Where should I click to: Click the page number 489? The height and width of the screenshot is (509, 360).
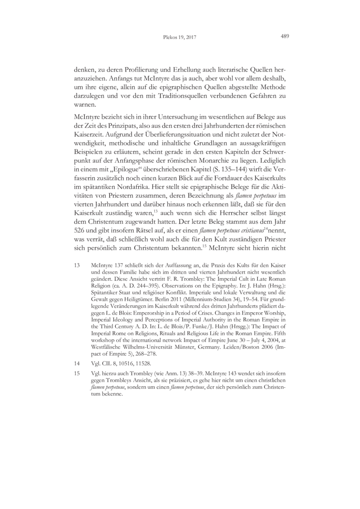(284, 36)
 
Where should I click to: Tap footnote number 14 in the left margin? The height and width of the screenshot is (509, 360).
(76, 361)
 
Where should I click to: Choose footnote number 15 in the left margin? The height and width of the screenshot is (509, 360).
(76, 373)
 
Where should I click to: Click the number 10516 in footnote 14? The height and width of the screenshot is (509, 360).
(126, 361)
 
